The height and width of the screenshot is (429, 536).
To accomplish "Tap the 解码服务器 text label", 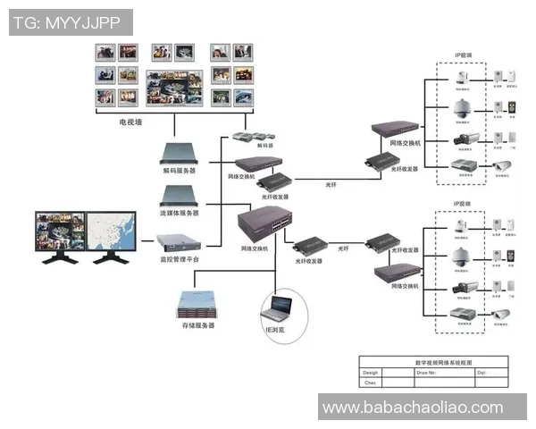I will click(x=180, y=170).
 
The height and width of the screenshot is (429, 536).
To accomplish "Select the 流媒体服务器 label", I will click(x=180, y=214).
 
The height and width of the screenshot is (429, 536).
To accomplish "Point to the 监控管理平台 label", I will click(x=180, y=258).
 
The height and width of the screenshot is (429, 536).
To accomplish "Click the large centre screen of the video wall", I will click(x=174, y=88).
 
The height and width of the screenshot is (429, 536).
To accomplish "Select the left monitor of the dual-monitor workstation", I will click(x=61, y=231).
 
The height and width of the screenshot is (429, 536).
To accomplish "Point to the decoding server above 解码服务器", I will click(x=179, y=152).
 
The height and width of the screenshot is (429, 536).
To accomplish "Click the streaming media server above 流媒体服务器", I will click(x=179, y=196).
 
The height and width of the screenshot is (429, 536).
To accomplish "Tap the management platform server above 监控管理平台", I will click(x=179, y=241).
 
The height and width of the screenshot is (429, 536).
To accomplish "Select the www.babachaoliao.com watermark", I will click(x=412, y=408).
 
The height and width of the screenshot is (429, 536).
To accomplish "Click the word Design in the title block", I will click(x=371, y=372).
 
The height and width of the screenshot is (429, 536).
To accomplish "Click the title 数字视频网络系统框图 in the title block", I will click(x=433, y=361).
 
